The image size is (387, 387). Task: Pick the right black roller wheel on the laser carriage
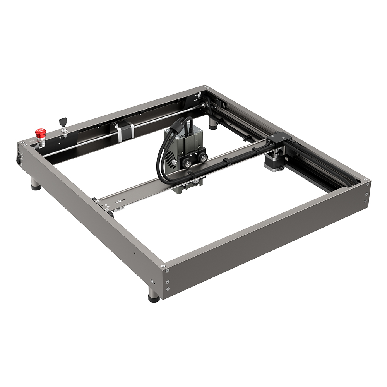click(202, 158)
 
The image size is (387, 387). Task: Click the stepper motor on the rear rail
click(125, 130)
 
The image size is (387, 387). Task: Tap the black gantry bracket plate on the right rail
click(279, 137)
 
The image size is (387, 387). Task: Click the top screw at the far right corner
click(365, 180)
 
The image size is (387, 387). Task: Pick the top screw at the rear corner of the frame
click(204, 88)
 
